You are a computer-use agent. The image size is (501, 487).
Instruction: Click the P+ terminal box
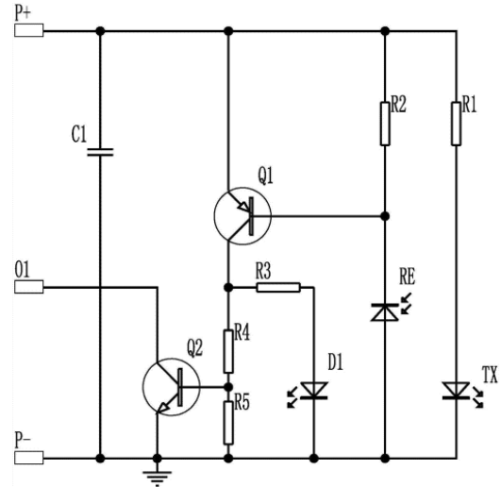[28, 30]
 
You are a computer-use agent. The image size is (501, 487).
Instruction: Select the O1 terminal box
[28, 287]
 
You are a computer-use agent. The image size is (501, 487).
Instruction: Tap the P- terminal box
[28, 458]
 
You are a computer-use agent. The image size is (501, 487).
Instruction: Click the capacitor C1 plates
[100, 152]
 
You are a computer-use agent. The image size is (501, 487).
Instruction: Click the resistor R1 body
[456, 124]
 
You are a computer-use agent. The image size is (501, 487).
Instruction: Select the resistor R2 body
[385, 124]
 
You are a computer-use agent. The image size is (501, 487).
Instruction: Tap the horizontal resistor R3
[278, 288]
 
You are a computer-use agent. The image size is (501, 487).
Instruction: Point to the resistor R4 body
[228, 352]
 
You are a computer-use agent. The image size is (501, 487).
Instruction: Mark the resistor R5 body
[228, 423]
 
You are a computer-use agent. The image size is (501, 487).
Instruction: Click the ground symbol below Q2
[157, 479]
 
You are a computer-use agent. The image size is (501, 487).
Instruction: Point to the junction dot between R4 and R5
[228, 387]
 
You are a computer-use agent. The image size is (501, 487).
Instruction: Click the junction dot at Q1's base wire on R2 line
[385, 216]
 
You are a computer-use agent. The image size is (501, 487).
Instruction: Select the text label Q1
[265, 176]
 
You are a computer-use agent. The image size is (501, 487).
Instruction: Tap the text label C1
[79, 134]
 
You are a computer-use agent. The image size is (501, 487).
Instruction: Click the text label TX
[490, 375]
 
